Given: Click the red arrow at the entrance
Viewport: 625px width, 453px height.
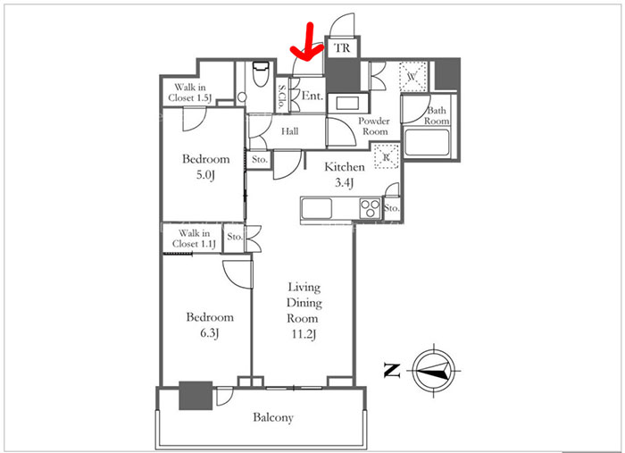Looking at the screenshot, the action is click(x=309, y=44).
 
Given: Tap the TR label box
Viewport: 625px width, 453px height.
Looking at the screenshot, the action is click(x=342, y=48).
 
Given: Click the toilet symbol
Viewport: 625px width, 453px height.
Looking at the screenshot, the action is click(x=261, y=74).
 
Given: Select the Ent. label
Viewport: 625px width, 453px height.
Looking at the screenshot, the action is click(x=312, y=96).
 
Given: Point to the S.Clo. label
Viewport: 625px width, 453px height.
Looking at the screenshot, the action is click(x=282, y=96).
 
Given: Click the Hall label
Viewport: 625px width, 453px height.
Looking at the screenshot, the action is click(x=290, y=131).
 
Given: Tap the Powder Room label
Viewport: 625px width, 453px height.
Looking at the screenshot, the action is click(x=374, y=126).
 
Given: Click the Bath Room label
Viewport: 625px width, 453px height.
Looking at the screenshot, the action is click(x=437, y=115).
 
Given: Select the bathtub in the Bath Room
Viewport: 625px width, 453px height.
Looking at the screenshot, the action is click(x=427, y=141).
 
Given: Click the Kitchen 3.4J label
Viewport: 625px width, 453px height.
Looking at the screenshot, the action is click(x=345, y=174).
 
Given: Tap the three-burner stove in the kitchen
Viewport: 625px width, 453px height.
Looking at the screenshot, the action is click(x=370, y=208).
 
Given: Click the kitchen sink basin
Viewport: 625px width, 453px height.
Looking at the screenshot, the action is click(x=316, y=208).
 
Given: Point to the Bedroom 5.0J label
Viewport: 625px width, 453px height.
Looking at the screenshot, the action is click(x=205, y=167).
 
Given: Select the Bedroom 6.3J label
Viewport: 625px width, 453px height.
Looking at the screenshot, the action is click(x=210, y=325).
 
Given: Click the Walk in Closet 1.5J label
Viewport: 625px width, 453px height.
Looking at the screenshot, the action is click(x=189, y=93).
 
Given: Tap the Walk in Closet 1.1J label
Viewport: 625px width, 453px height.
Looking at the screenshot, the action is click(x=194, y=239).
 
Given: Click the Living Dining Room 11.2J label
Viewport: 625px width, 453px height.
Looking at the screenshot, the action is click(x=304, y=311).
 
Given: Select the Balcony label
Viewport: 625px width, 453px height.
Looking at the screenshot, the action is click(x=273, y=417).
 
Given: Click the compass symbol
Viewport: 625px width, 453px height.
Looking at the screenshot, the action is click(x=434, y=371).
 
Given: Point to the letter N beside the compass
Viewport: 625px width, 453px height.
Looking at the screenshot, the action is click(x=391, y=371).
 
